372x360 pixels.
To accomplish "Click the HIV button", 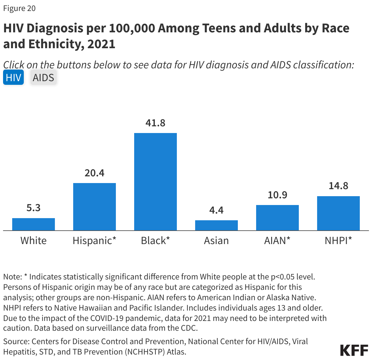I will (13, 77).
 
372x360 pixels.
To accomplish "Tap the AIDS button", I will (43, 77).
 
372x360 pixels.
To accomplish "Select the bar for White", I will (34, 224).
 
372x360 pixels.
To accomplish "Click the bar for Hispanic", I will (95, 207).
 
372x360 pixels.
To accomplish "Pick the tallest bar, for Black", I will (156, 182).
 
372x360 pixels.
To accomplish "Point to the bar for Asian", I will (216, 225).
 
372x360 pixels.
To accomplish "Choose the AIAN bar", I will (277, 218).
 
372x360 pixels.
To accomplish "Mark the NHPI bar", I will (338, 213).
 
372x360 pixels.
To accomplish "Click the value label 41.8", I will (156, 123).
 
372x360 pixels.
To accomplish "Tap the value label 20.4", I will (95, 173).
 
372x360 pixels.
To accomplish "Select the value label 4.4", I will (216, 210).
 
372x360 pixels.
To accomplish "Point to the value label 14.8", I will (338, 186).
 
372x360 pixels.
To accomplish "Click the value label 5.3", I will (34, 208).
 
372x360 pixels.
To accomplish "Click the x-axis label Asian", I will (216, 241).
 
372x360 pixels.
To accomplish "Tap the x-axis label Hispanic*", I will (95, 241).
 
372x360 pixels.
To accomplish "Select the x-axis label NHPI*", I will (338, 241).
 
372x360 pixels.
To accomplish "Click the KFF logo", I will (354, 350).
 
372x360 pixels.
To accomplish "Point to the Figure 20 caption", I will (20, 8).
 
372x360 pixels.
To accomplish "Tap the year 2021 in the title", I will (101, 44).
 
